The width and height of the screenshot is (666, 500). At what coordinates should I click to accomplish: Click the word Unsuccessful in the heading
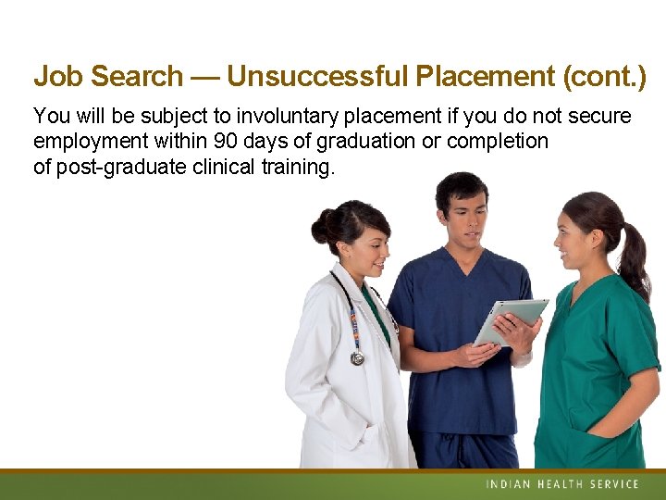315,76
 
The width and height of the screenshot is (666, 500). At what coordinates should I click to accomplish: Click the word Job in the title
57,76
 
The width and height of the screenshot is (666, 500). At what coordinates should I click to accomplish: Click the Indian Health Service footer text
561,484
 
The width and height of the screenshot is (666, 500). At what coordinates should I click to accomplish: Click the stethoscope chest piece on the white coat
358,358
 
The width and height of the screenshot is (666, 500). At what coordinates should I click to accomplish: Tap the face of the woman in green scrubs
573,240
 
